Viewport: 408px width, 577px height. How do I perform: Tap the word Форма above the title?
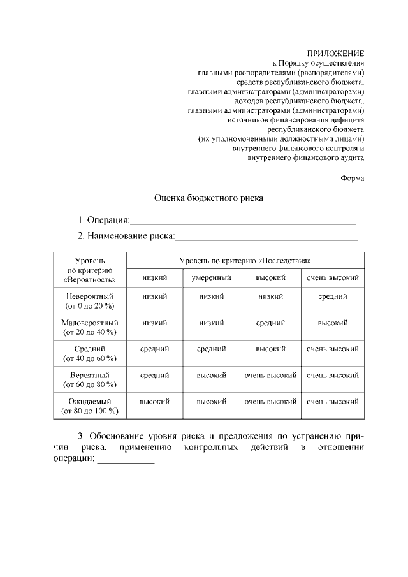352,178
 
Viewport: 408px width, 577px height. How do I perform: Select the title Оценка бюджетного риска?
209,198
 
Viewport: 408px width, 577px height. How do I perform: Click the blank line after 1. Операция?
242,223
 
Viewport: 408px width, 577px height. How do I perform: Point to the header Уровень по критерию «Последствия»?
245,261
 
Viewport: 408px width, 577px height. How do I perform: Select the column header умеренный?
211,277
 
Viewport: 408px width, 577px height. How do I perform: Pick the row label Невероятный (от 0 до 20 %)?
90,302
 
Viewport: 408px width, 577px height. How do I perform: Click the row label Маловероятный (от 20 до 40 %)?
90,328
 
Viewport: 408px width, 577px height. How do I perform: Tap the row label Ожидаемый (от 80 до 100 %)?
90,406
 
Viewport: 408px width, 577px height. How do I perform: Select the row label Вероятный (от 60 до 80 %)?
90,380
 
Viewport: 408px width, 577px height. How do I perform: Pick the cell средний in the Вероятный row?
154,375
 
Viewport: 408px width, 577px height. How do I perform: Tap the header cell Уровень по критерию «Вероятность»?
90,270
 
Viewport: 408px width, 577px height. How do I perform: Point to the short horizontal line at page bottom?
209,515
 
